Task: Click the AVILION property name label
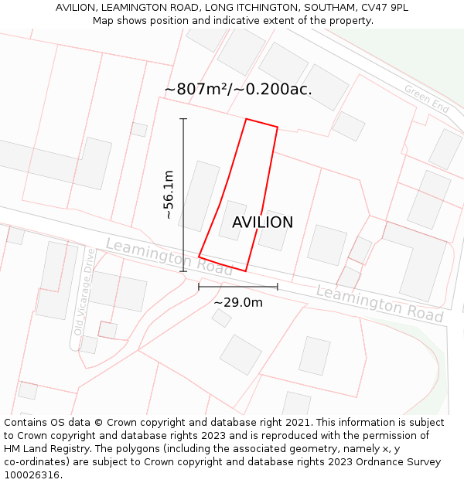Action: tap(262, 223)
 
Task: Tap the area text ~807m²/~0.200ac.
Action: tap(238, 89)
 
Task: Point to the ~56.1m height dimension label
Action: tap(169, 195)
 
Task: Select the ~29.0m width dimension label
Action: tap(238, 302)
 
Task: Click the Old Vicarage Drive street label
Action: tap(84, 291)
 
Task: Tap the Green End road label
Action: tap(426, 99)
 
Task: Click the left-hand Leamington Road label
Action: tap(169, 257)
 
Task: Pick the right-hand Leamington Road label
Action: tap(379, 304)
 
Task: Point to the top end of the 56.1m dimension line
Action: tap(183, 119)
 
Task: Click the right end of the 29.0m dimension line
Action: tap(278, 287)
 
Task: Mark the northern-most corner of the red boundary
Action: tap(246, 119)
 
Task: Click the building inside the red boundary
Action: tap(232, 219)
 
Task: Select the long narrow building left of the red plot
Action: tap(199, 196)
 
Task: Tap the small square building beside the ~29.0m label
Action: tap(222, 318)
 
